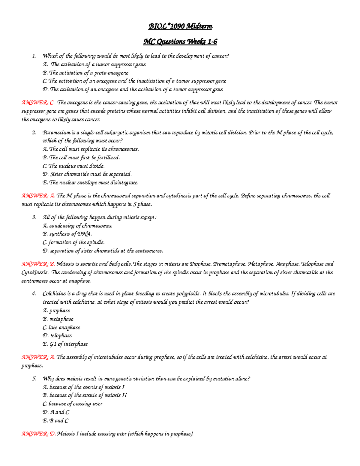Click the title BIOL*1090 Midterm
click(180, 27)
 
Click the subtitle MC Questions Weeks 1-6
click(180, 42)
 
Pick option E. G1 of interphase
click(65, 344)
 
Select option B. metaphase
click(58, 319)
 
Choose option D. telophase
click(57, 335)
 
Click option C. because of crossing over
click(72, 404)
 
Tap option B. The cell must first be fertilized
click(81, 158)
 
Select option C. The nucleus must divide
click(73, 166)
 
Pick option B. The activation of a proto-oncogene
click(85, 73)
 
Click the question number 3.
click(34, 217)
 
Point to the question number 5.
click(34, 379)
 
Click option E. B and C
click(55, 421)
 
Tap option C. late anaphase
click(61, 327)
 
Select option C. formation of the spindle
click(73, 242)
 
